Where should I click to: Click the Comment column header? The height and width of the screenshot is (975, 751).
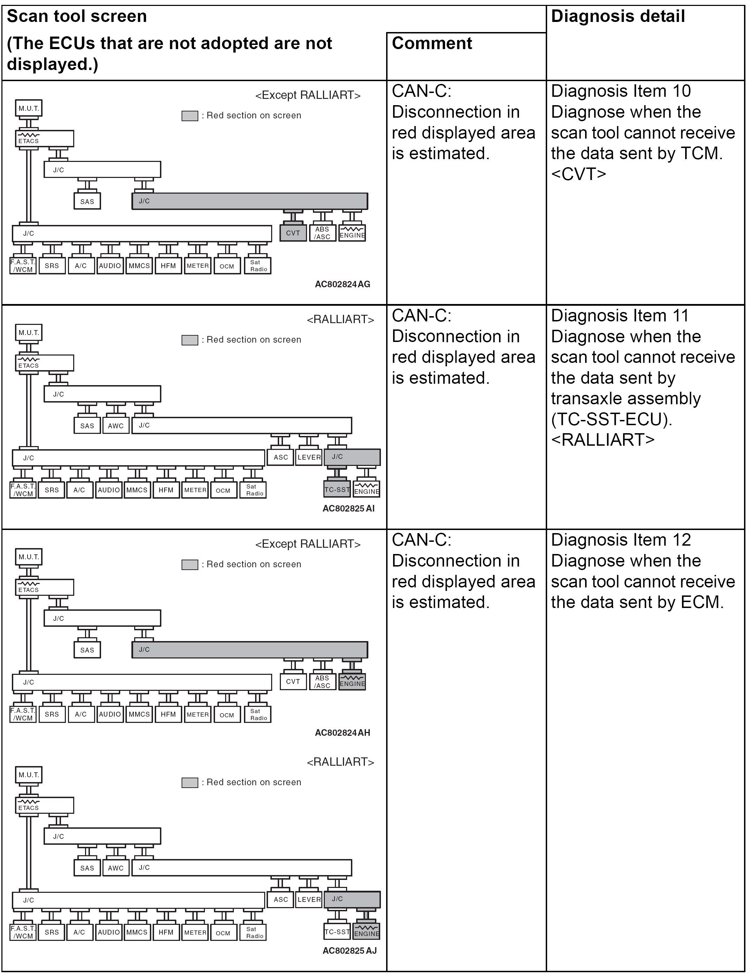pos(431,43)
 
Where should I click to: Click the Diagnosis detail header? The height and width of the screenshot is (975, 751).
pos(618,16)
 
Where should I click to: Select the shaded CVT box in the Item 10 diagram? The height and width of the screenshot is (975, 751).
pos(293,233)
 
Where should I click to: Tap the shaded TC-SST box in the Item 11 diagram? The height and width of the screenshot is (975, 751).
pos(337,490)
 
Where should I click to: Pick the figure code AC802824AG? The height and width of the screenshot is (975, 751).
pos(342,284)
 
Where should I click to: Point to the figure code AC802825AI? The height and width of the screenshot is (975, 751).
pos(348,508)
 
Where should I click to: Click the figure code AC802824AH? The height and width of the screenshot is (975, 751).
pos(342,733)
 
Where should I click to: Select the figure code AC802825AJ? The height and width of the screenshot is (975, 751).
pos(350,951)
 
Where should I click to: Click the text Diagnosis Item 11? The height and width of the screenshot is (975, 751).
pos(619,315)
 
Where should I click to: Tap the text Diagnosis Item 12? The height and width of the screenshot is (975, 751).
pos(621,540)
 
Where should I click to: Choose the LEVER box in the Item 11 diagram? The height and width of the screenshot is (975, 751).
pos(309,457)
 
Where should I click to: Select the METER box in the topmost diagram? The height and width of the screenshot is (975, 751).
pos(198,266)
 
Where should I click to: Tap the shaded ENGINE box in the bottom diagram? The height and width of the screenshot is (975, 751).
pos(366,932)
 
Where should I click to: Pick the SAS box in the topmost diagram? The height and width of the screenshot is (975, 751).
pos(87,201)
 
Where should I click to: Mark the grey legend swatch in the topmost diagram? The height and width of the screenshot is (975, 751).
pos(190,116)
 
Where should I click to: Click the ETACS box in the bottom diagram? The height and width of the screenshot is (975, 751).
pos(44,805)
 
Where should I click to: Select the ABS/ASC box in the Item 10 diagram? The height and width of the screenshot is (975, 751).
pos(322,233)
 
